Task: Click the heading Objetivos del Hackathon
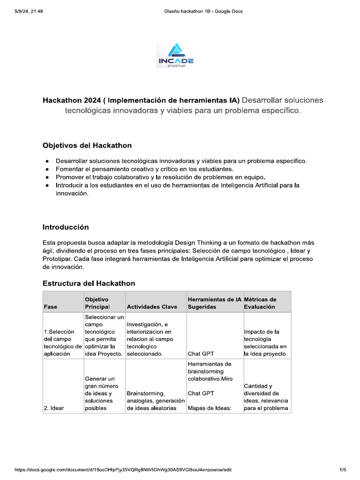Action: (x=87, y=145)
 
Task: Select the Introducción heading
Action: (x=66, y=227)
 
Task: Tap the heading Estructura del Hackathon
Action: (x=89, y=283)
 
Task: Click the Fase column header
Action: (x=50, y=307)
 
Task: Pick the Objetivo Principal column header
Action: (x=97, y=303)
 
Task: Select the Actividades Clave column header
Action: (x=152, y=307)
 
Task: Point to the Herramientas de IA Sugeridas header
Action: (x=214, y=303)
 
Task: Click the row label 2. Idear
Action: (x=54, y=408)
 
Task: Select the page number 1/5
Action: (x=343, y=470)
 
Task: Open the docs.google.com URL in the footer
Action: (x=123, y=470)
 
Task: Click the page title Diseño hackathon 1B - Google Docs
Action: (x=203, y=11)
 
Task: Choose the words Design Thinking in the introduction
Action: (x=198, y=243)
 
